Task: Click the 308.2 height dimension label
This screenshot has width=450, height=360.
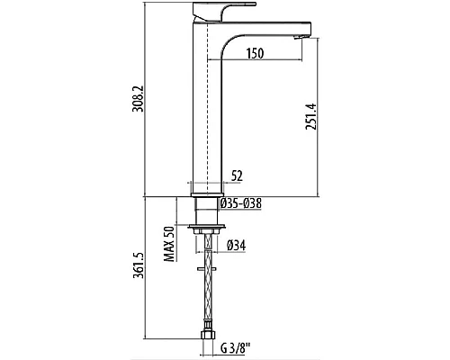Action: tap(138, 99)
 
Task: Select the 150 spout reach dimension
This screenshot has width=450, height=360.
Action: tap(255, 53)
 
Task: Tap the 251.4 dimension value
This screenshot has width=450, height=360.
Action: tap(310, 116)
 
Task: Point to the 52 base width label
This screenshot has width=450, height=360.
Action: tap(237, 175)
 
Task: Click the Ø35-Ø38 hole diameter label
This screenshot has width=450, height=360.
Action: tap(241, 203)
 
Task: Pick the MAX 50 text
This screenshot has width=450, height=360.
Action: tap(169, 244)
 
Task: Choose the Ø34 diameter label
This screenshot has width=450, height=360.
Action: tap(237, 246)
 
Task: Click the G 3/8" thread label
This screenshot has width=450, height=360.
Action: tap(236, 348)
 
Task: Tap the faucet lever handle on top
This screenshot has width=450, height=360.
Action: tap(223, 12)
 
